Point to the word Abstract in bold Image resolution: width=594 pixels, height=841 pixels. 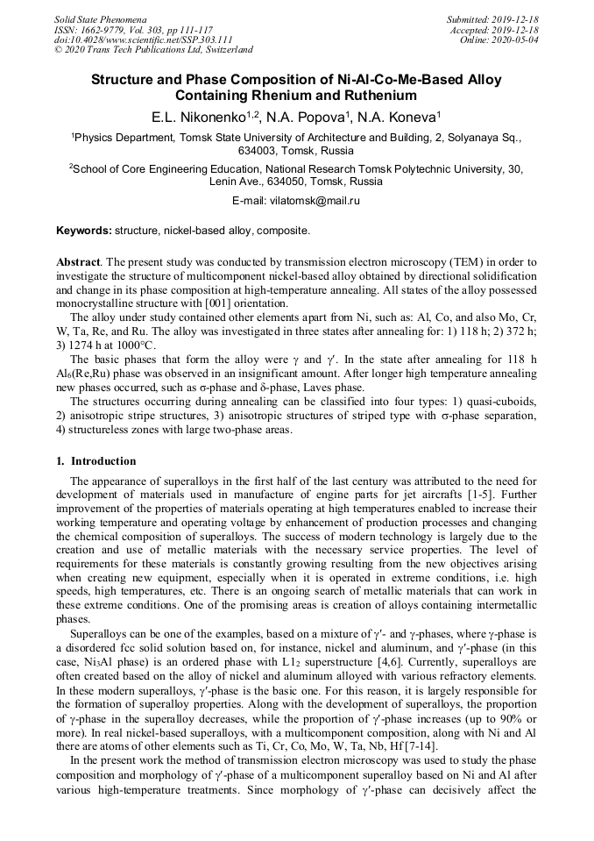point(77,262)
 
